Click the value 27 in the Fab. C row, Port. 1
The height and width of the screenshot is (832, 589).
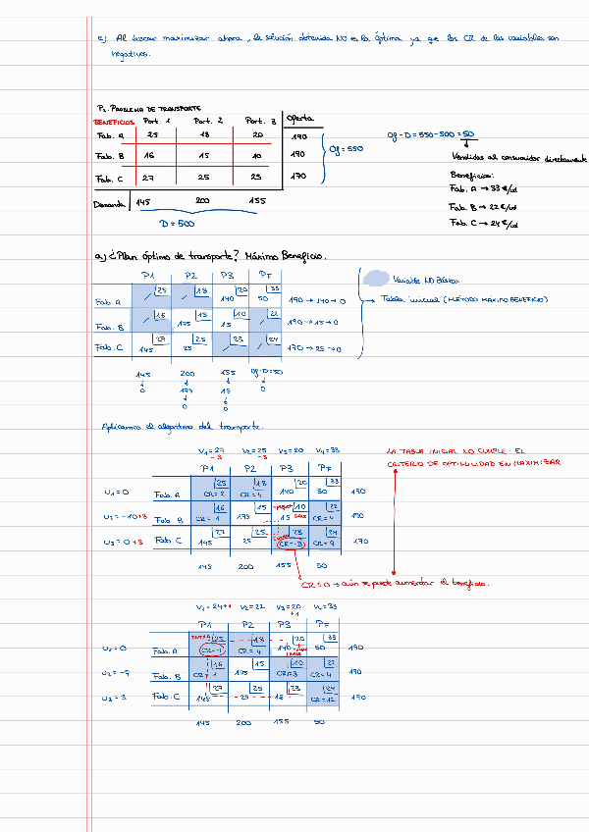pyautogui.click(x=149, y=178)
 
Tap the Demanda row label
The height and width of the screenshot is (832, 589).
pyautogui.click(x=109, y=204)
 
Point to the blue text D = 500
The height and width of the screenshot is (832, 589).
pyautogui.click(x=177, y=224)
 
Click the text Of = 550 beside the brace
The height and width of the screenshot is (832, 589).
pyautogui.click(x=347, y=149)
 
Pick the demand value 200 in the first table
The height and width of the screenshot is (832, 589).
pyautogui.click(x=202, y=202)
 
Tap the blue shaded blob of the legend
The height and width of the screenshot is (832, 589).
pyautogui.click(x=375, y=280)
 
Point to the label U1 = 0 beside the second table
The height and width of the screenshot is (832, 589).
pyautogui.click(x=117, y=492)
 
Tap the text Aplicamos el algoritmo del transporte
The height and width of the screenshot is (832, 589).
pyautogui.click(x=183, y=426)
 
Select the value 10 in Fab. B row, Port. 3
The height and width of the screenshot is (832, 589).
pyautogui.click(x=255, y=156)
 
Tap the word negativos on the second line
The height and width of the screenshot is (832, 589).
pyautogui.click(x=131, y=55)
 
